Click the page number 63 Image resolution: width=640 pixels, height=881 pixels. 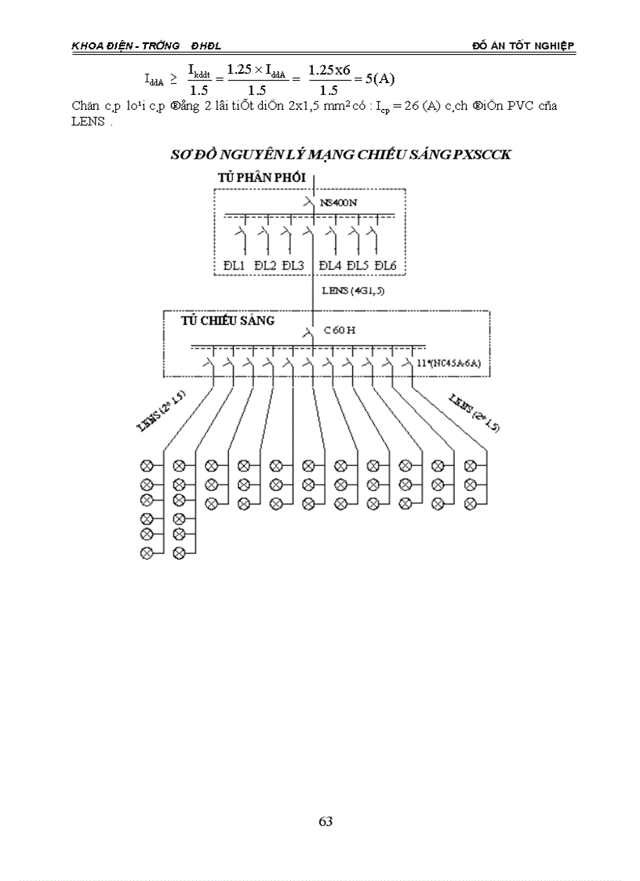point(326,822)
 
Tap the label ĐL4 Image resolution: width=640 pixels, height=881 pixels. point(330,266)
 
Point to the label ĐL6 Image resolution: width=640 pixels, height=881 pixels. point(385,266)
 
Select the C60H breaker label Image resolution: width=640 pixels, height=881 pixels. point(340,330)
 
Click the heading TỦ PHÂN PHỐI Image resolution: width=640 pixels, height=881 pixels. point(261,178)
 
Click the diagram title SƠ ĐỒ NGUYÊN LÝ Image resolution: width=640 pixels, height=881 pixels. point(340,155)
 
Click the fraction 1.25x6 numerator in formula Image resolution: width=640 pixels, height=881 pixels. point(329,70)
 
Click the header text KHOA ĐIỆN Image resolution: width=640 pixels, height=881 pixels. point(97,46)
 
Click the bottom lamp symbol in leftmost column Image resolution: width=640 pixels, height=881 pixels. point(146,554)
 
